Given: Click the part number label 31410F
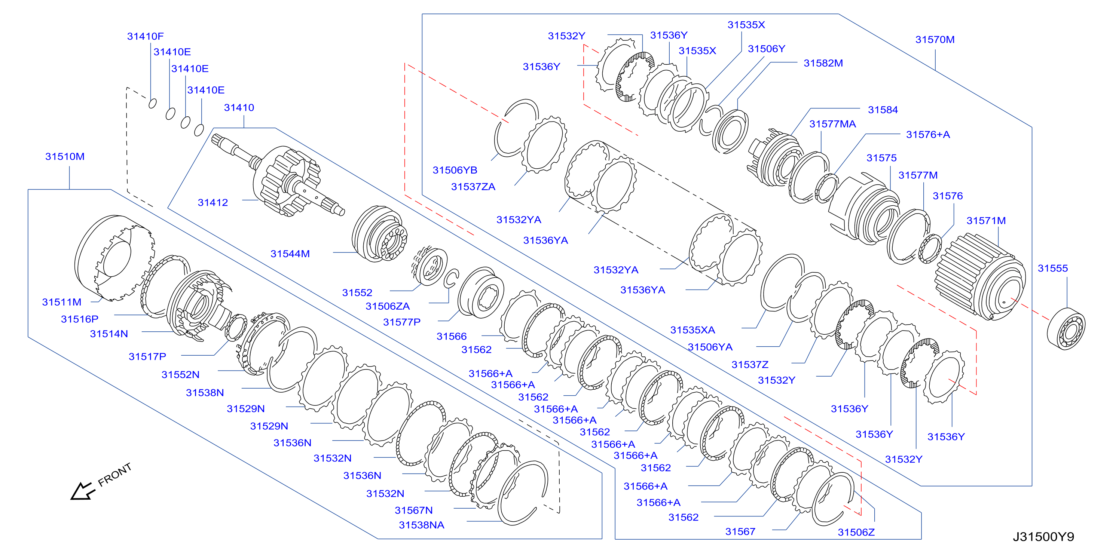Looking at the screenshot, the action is click(x=145, y=36).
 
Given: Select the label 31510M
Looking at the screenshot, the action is click(x=65, y=156).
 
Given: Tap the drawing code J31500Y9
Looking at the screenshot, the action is click(x=1043, y=537).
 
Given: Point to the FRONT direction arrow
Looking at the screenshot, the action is click(x=83, y=491).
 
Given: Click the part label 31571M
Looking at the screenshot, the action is click(x=986, y=221).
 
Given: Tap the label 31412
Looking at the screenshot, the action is click(x=213, y=202).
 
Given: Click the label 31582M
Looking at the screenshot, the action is click(x=823, y=63).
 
